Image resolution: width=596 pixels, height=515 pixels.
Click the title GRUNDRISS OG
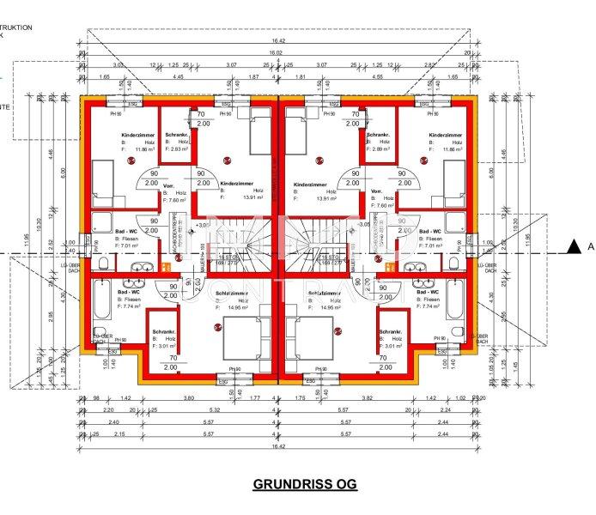(x=304, y=484)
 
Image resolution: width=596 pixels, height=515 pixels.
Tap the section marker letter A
(x=591, y=247)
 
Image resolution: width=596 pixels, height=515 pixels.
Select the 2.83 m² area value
(x=180, y=149)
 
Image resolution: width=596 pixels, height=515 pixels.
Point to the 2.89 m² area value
(x=381, y=149)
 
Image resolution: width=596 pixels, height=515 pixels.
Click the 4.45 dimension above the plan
(x=178, y=76)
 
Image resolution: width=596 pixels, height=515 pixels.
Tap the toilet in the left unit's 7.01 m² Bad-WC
(x=104, y=263)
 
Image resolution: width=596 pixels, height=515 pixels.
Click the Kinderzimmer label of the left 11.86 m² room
(x=113, y=135)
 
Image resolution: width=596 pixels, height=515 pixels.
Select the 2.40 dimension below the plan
(x=114, y=422)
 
